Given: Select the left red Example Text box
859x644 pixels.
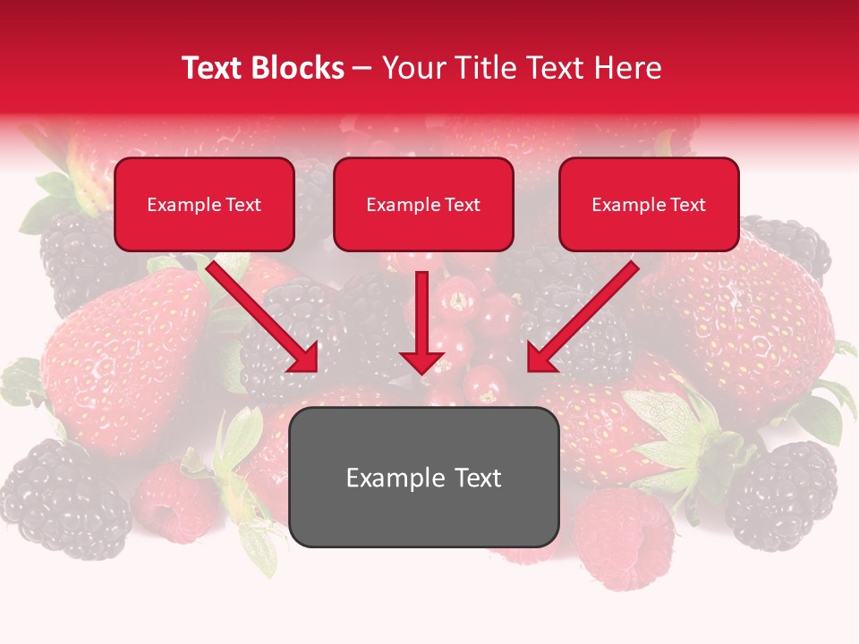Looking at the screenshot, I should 204,205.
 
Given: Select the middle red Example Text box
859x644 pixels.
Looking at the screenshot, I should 423,205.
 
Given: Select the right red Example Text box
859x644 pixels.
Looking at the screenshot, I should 649,205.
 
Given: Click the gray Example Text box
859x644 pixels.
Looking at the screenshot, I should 423,477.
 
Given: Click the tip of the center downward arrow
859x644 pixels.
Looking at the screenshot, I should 422,370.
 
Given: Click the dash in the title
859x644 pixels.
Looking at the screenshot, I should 362,69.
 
